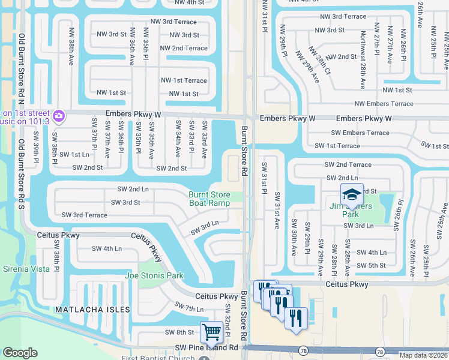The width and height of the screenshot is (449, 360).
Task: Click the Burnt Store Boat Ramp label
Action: click(x=209, y=199)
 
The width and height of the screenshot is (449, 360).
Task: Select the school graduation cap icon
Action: click(x=352, y=194)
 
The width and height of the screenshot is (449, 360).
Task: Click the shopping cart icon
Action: click(x=211, y=331)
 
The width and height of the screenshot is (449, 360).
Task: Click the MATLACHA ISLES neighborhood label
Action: click(x=92, y=309)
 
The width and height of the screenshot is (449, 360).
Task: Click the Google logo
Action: click(x=20, y=353)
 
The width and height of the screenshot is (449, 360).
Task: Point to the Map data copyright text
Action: click(x=423, y=355)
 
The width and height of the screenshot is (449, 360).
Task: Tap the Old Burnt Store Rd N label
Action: click(x=21, y=66)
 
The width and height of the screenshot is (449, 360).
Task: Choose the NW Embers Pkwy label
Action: click(x=384, y=104)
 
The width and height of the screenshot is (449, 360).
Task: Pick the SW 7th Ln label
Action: click(x=189, y=308)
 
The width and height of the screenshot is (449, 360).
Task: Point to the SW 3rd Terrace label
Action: click(x=84, y=215)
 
